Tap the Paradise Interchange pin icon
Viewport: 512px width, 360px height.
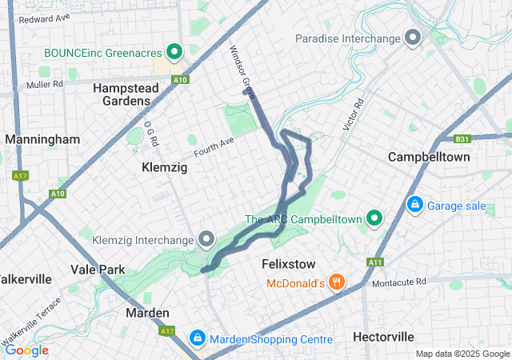click(413, 38)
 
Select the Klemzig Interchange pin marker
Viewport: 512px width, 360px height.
click(206, 239)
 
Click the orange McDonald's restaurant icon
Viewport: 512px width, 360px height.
click(337, 282)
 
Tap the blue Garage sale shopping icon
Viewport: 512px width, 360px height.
click(415, 206)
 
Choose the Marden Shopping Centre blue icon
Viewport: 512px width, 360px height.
click(197, 339)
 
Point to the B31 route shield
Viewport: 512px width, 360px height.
click(462, 138)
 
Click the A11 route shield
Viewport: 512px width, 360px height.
click(375, 262)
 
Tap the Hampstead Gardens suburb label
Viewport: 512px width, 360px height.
click(122, 94)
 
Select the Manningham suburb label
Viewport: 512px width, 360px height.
click(42, 139)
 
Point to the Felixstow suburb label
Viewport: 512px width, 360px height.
click(289, 264)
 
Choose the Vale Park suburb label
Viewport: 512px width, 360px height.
click(98, 270)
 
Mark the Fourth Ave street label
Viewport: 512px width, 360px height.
click(214, 146)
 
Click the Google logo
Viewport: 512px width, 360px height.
click(26, 350)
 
